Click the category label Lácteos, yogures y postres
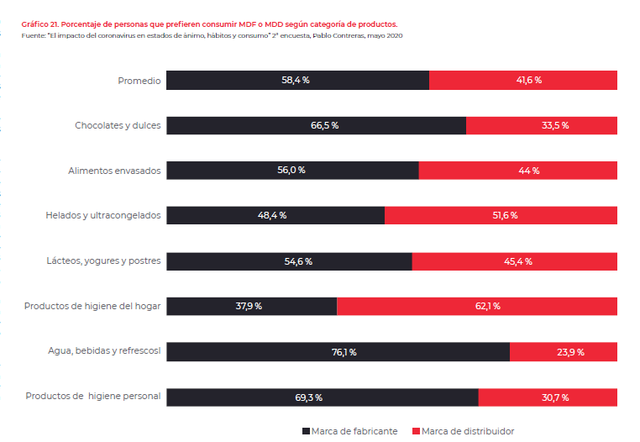pos(102,261)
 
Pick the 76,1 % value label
pos(344,352)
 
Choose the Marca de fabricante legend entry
pos(349,431)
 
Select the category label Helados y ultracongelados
pos(102,216)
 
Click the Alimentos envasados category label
pos(114,171)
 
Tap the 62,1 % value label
pos(486,307)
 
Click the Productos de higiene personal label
pos(93,396)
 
